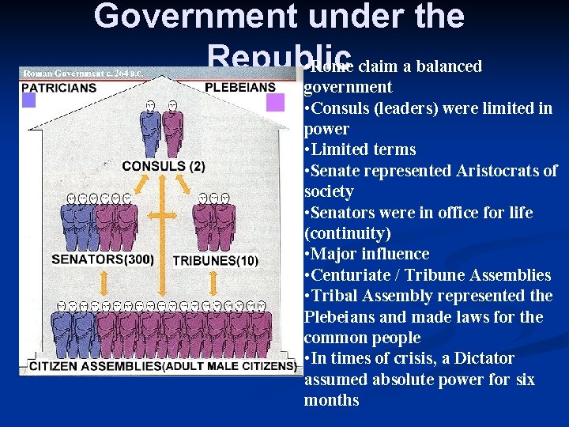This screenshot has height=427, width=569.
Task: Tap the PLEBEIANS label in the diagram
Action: click(240, 87)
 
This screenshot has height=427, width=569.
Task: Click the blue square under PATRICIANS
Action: click(29, 100)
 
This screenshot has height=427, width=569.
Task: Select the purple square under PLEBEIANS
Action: click(275, 102)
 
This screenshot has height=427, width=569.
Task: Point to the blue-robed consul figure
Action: click(149, 130)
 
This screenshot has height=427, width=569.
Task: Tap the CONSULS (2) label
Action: click(163, 166)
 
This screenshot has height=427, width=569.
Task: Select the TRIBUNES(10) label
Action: click(215, 260)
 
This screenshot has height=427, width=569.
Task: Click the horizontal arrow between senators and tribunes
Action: click(163, 216)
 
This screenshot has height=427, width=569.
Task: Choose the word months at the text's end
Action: click(331, 400)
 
